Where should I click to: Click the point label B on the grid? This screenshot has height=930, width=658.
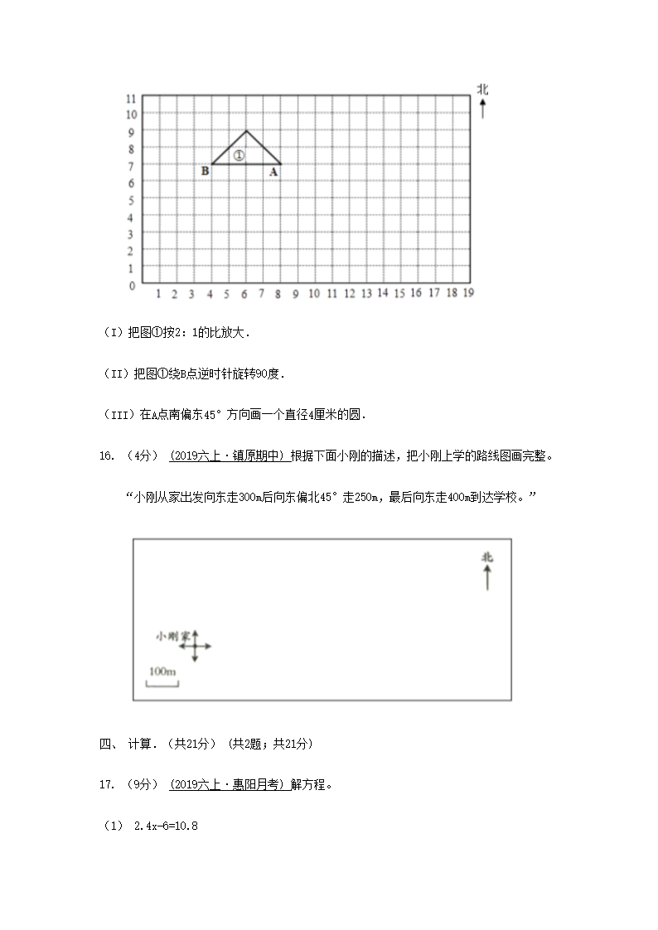pyautogui.click(x=205, y=171)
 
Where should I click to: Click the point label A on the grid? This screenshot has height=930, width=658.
pyautogui.click(x=273, y=172)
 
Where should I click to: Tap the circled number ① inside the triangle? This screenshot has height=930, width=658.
pyautogui.click(x=239, y=155)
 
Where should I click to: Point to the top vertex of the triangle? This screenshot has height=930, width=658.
pyautogui.click(x=246, y=130)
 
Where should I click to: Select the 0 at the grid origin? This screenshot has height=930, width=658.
pyautogui.click(x=131, y=286)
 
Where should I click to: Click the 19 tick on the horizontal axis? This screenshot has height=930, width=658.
pyautogui.click(x=468, y=292)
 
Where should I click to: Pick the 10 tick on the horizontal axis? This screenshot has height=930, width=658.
pyautogui.click(x=314, y=293)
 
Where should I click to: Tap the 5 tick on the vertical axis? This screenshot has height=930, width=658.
pyautogui.click(x=131, y=200)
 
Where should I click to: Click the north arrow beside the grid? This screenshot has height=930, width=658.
pyautogui.click(x=482, y=108)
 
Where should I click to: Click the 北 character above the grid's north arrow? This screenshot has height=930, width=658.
pyautogui.click(x=482, y=89)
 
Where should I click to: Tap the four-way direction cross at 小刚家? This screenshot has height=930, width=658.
pyautogui.click(x=196, y=645)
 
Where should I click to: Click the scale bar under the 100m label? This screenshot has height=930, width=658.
pyautogui.click(x=162, y=682)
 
